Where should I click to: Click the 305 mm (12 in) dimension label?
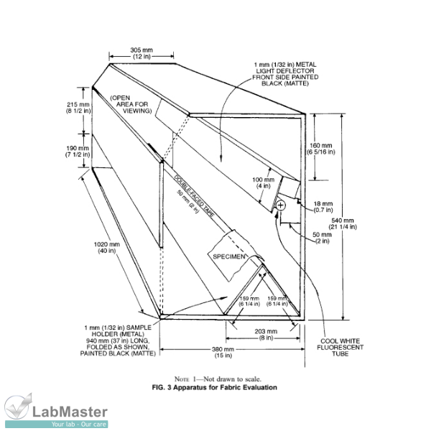click(x=140, y=52)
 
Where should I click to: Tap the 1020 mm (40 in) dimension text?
click(x=107, y=247)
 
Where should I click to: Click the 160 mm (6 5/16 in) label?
click(x=321, y=147)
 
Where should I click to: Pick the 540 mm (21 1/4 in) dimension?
click(x=358, y=223)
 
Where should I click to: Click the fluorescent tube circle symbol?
click(x=280, y=205)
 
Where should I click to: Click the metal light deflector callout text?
click(x=285, y=74)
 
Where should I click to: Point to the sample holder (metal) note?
click(x=107, y=340)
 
